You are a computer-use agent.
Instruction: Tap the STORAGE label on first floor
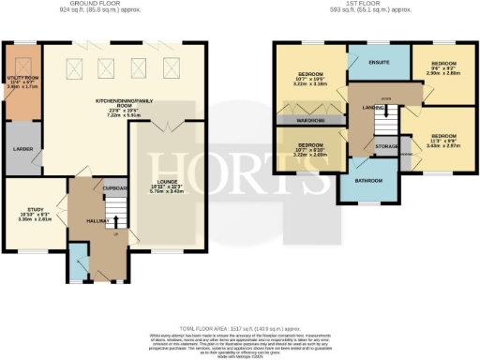tap(385, 146)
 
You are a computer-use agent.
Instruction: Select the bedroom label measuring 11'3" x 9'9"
tap(438, 142)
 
